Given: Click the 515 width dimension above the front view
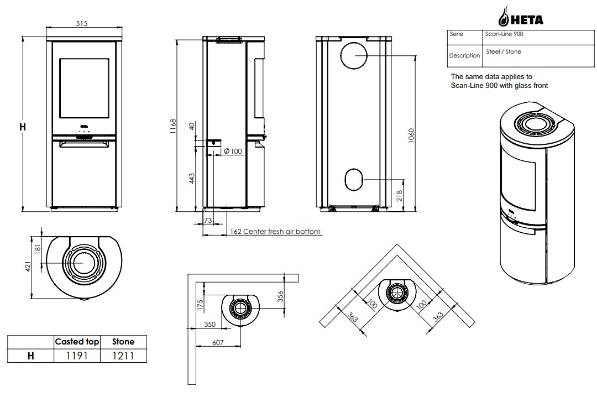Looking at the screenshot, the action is tap(81, 24).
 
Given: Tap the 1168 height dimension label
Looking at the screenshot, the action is tap(173, 126).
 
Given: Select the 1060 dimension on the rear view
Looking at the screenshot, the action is tap(411, 135).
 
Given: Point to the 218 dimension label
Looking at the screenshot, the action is tap(399, 196).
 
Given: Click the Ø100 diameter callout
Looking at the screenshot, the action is tap(233, 152).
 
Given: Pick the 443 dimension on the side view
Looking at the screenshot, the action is tap(192, 178).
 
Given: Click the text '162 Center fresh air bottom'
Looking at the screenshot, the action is tap(275, 231).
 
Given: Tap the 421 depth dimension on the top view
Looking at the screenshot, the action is tap(28, 267).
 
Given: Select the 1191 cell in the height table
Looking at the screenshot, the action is tap(77, 356).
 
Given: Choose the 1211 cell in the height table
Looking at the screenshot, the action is tap(123, 356).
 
